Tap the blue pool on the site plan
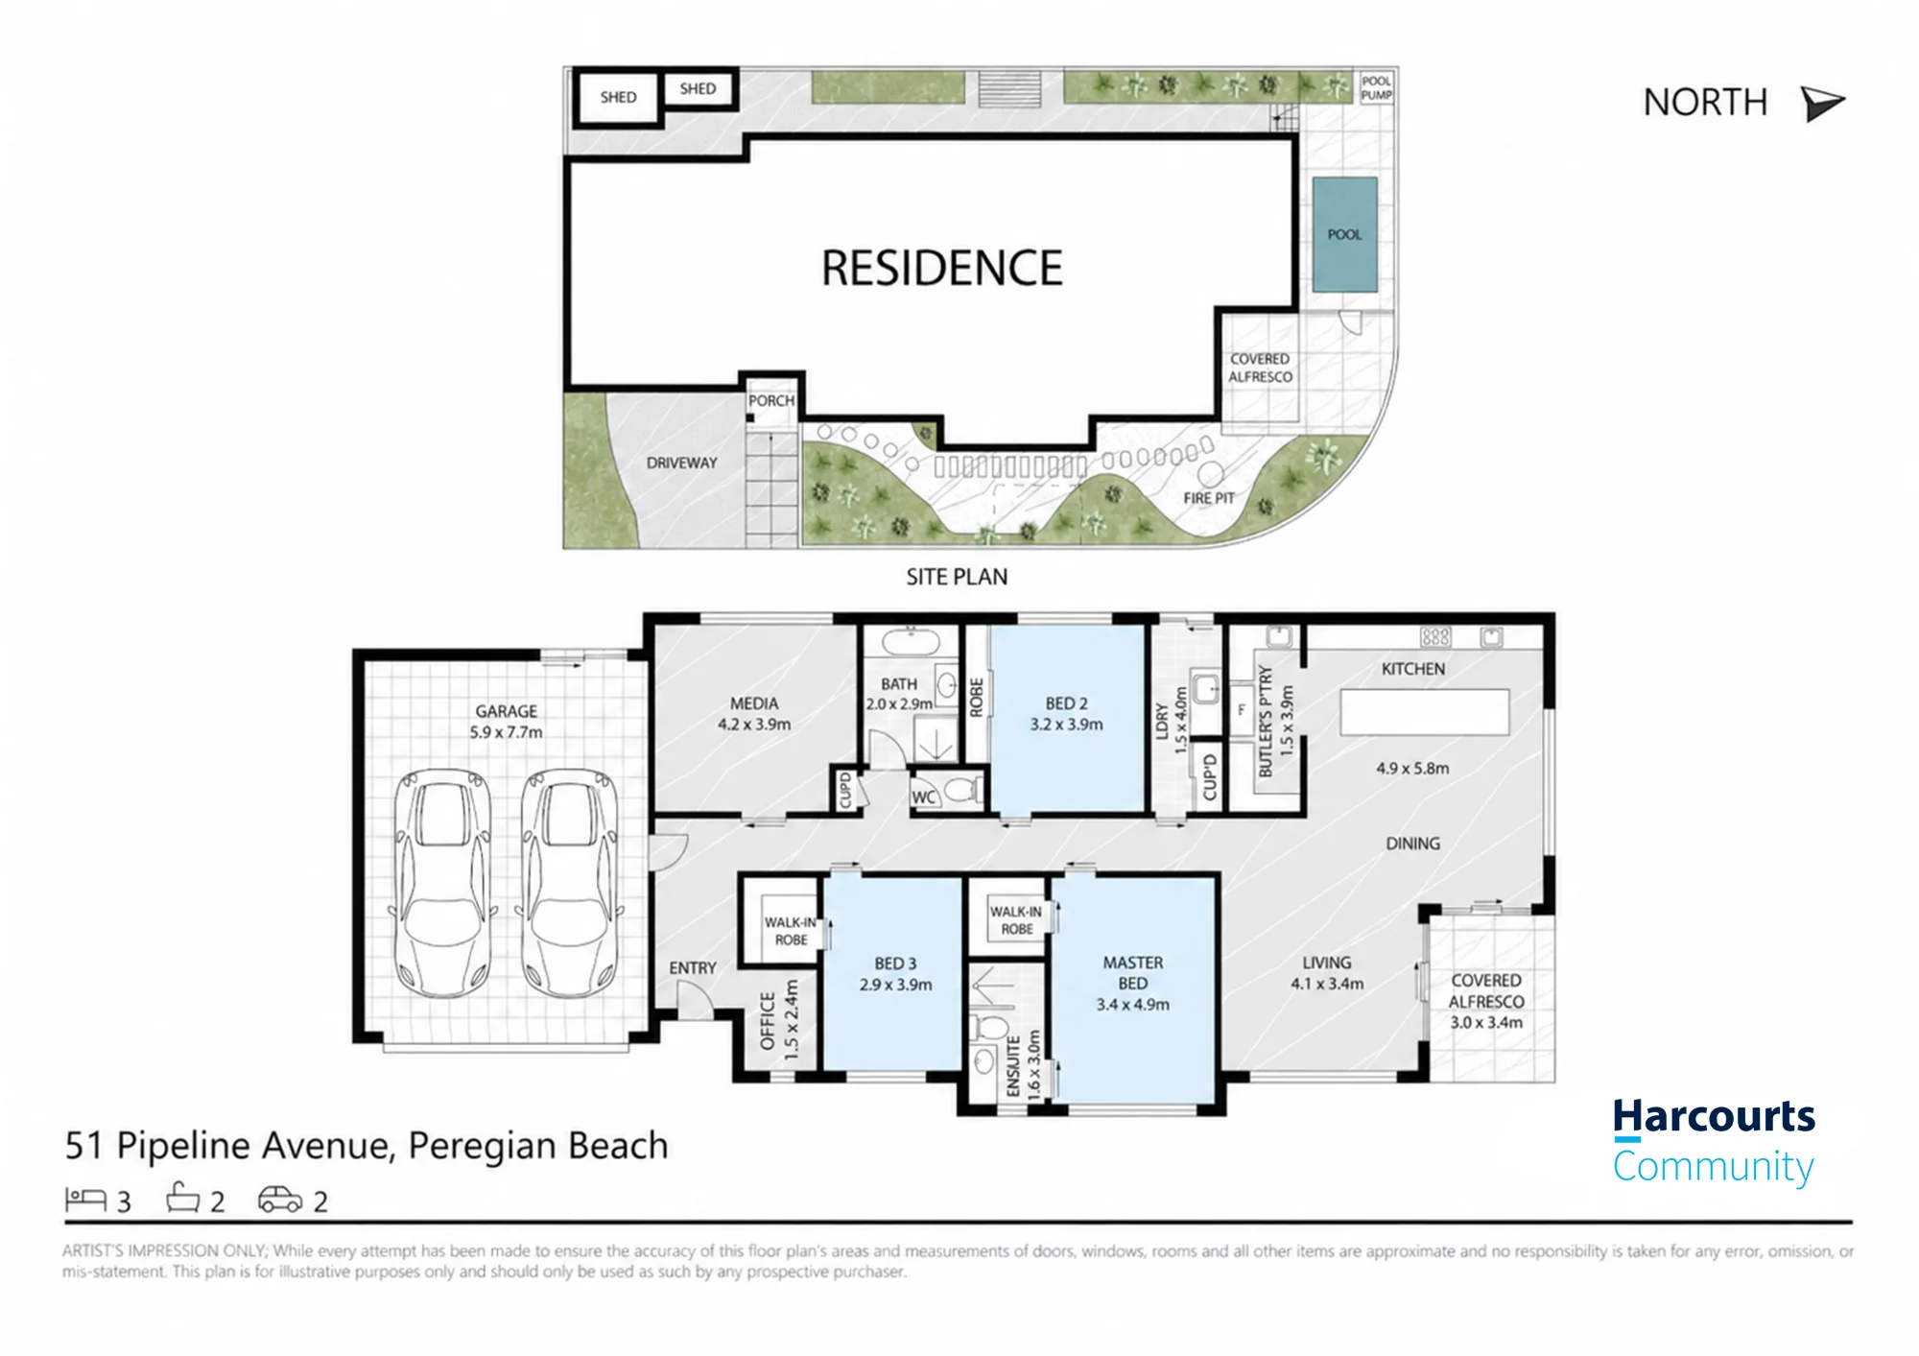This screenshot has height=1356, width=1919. click(x=1344, y=234)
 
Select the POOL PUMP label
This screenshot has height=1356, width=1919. click(x=1376, y=88)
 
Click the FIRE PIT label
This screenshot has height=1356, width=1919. click(x=1208, y=498)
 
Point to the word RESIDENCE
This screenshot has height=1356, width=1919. click(x=941, y=268)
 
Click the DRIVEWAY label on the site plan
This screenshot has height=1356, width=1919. click(x=681, y=463)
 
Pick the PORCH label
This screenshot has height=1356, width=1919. click(x=771, y=400)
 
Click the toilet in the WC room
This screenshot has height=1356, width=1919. click(x=960, y=791)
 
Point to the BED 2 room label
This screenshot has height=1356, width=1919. click(x=1066, y=703)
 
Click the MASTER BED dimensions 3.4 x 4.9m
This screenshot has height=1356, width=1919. click(x=1132, y=1005)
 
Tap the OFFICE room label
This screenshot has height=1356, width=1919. click(x=768, y=1021)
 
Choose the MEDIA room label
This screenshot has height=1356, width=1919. click(x=754, y=703)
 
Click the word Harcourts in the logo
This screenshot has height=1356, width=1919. click(x=1714, y=1117)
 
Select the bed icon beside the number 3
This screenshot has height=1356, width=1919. click(x=85, y=1199)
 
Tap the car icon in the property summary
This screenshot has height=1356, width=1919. click(x=280, y=1200)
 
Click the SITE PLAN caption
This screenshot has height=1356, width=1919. click(x=957, y=577)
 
